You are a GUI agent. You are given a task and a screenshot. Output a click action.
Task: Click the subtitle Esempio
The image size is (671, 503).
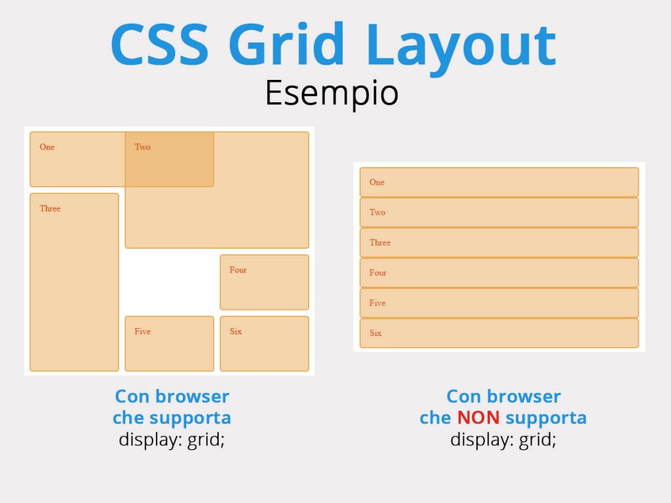(x=332, y=92)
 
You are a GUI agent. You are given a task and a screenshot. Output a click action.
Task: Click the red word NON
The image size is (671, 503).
(x=478, y=417)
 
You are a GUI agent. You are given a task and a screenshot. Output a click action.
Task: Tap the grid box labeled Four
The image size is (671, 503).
(x=264, y=282)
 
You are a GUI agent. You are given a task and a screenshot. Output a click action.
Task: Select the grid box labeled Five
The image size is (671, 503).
(x=169, y=343)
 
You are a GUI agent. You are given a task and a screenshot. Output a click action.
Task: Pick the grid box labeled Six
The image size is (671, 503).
(x=264, y=343)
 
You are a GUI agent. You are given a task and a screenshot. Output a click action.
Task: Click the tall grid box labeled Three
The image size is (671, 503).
(x=74, y=282)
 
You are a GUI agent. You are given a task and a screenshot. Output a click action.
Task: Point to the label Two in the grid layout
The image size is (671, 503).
(x=143, y=147)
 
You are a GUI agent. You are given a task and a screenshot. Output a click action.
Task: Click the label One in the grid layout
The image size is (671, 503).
(x=47, y=147)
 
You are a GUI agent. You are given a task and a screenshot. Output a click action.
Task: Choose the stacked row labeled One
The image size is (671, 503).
(x=499, y=182)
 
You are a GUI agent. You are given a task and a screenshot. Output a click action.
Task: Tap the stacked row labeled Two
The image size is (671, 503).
(x=499, y=212)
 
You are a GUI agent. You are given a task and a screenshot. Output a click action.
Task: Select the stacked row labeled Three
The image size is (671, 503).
(x=499, y=242)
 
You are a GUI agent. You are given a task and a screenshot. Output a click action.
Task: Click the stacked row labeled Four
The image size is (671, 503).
(x=499, y=272)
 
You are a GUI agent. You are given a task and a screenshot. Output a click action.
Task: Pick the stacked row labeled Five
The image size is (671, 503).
(x=499, y=303)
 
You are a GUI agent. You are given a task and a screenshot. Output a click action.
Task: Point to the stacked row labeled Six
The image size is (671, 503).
(x=499, y=333)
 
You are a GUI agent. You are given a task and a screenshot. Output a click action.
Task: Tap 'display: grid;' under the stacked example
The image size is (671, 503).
(x=503, y=439)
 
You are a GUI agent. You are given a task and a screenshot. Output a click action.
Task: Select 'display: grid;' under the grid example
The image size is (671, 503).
(x=172, y=439)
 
